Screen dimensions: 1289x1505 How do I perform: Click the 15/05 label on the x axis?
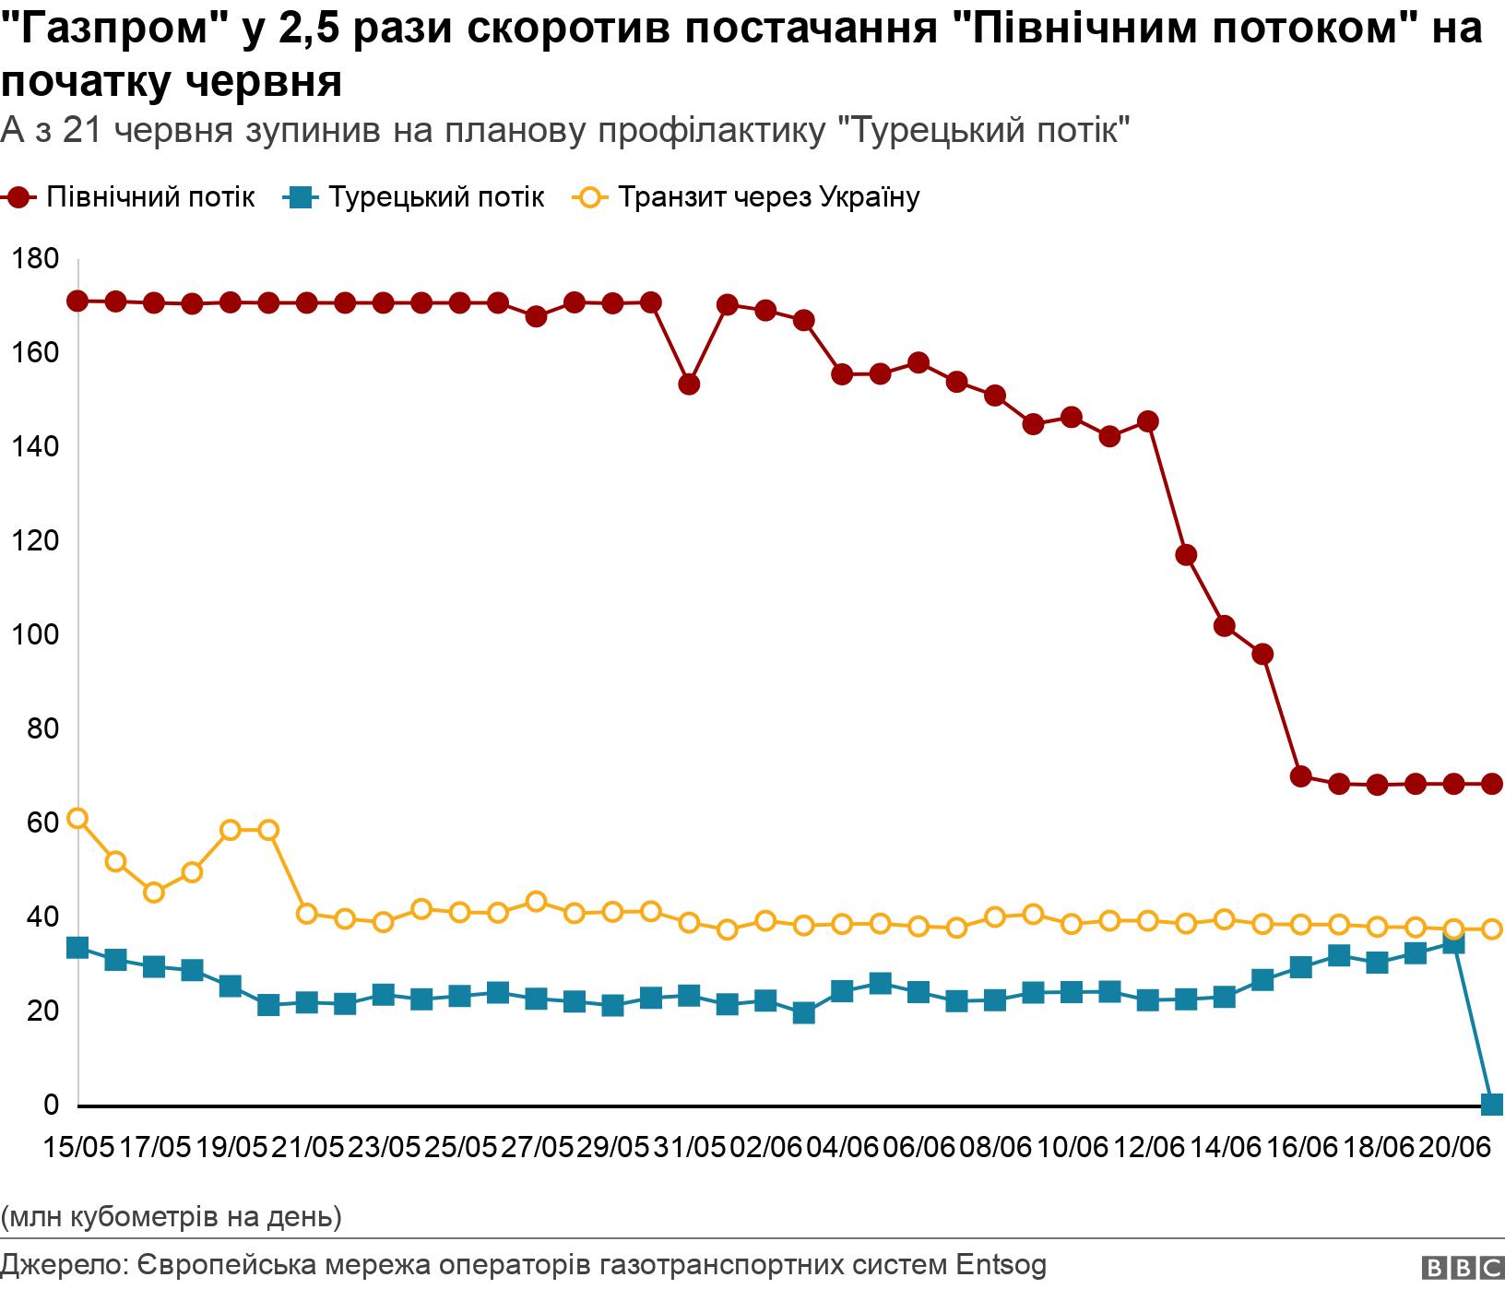[x=80, y=1148]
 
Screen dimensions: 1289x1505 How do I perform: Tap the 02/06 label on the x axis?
[x=765, y=1148]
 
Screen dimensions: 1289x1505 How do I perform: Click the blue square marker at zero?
[x=1491, y=1104]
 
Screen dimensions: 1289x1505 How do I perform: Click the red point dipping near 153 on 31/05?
[x=689, y=384]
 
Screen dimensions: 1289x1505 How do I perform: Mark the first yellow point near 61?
[x=78, y=818]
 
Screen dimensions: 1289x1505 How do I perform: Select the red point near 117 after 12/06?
[x=1186, y=554]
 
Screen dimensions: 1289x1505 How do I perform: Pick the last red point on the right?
[x=1491, y=784]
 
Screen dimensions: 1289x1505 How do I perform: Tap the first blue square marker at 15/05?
[x=78, y=947]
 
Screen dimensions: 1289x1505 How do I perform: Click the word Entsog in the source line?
[x=1001, y=1264]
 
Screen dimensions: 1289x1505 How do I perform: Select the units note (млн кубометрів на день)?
[x=172, y=1216]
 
